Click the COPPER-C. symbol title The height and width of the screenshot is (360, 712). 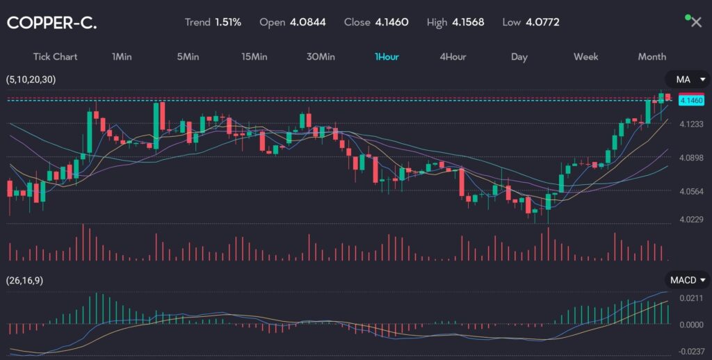click(52, 23)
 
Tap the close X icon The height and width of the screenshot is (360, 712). click(696, 22)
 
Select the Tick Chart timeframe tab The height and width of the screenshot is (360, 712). click(55, 57)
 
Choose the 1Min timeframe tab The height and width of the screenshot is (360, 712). click(122, 57)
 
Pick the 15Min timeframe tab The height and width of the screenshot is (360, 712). click(254, 57)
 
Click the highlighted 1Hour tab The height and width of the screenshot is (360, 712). click(387, 57)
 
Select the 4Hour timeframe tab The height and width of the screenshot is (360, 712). click(453, 57)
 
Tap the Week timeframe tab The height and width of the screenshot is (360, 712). click(585, 57)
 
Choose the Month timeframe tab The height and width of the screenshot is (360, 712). click(652, 57)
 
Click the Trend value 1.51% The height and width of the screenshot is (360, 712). click(227, 22)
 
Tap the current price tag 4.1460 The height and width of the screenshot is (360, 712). click(691, 101)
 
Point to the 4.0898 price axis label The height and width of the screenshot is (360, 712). click(691, 158)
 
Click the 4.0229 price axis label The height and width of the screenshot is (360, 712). click(691, 220)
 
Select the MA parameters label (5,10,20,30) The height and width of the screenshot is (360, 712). click(31, 80)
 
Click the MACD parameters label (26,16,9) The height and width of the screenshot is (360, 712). click(25, 281)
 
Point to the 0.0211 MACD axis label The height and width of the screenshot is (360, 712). click(691, 298)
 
